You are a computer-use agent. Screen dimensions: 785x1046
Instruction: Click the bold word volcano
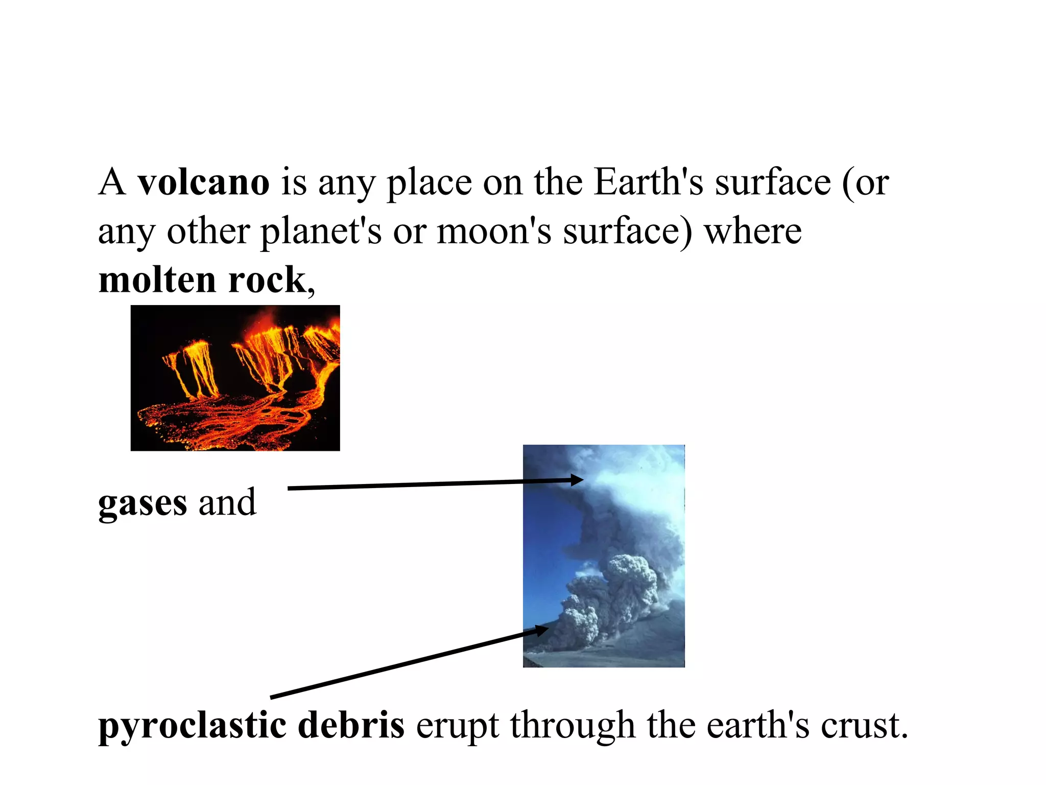pyautogui.click(x=203, y=182)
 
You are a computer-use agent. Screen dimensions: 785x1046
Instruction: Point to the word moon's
pyautogui.click(x=494, y=232)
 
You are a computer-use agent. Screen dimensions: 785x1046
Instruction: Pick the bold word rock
pyautogui.click(x=267, y=281)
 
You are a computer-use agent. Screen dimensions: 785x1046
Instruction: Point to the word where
pyautogui.click(x=753, y=232)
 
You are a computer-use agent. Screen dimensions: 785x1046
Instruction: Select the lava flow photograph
pyautogui.click(x=235, y=378)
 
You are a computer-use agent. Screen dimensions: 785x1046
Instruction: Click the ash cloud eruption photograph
pyautogui.click(x=604, y=556)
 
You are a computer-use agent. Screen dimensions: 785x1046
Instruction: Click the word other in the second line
pyautogui.click(x=208, y=232)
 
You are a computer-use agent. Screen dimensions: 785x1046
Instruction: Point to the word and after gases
pyautogui.click(x=227, y=502)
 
